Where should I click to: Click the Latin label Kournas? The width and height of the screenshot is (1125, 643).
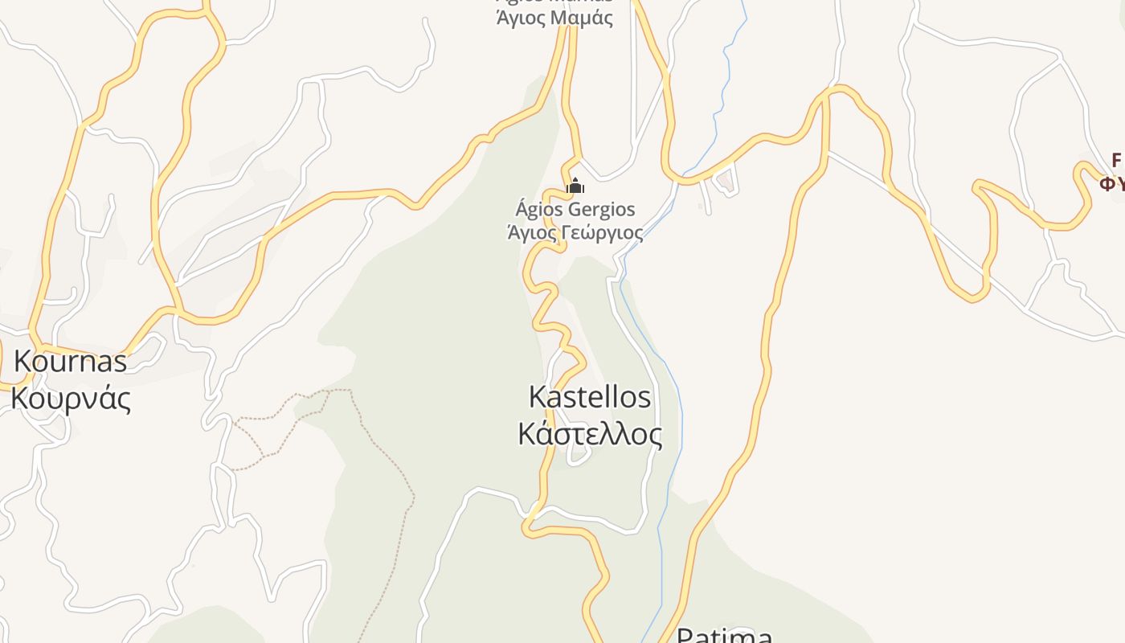pyautogui.click(x=70, y=362)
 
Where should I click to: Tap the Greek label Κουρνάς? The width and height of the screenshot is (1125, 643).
pyautogui.click(x=70, y=399)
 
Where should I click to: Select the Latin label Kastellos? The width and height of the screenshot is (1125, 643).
pyautogui.click(x=590, y=397)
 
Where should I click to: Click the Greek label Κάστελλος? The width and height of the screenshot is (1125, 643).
pyautogui.click(x=590, y=434)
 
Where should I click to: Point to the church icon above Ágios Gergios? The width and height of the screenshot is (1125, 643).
pyautogui.click(x=575, y=187)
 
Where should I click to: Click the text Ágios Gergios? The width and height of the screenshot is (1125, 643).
pyautogui.click(x=575, y=210)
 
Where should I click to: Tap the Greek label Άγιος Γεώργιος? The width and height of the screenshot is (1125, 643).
pyautogui.click(x=575, y=233)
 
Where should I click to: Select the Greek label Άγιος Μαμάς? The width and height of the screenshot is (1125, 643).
pyautogui.click(x=554, y=18)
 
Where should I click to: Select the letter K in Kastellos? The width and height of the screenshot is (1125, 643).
pyautogui.click(x=538, y=397)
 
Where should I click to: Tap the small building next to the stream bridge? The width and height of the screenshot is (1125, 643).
pyautogui.click(x=726, y=183)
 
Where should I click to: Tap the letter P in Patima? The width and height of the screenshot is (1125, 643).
pyautogui.click(x=685, y=636)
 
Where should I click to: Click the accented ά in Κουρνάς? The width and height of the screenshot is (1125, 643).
pyautogui.click(x=104, y=399)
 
